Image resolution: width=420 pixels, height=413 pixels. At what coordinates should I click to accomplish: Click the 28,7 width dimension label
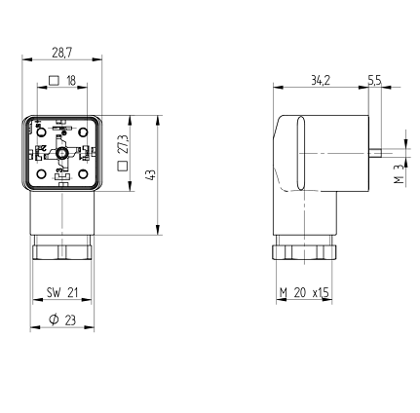click(61, 52)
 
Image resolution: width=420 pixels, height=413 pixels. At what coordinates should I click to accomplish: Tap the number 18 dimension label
click(71, 80)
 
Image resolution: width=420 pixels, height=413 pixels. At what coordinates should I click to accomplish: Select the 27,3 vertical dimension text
click(123, 144)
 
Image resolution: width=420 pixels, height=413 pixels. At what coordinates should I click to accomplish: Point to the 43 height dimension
click(151, 174)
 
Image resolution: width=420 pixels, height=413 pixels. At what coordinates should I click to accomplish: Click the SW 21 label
click(62, 292)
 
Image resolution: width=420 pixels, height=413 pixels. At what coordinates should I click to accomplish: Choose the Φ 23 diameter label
click(62, 320)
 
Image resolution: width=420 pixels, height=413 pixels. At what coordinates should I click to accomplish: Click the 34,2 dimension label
click(321, 80)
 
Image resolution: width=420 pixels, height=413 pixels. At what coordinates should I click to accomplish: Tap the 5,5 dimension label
click(374, 80)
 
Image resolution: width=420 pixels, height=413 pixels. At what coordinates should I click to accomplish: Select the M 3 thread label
click(400, 173)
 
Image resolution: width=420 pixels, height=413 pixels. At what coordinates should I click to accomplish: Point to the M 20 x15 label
click(304, 292)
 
